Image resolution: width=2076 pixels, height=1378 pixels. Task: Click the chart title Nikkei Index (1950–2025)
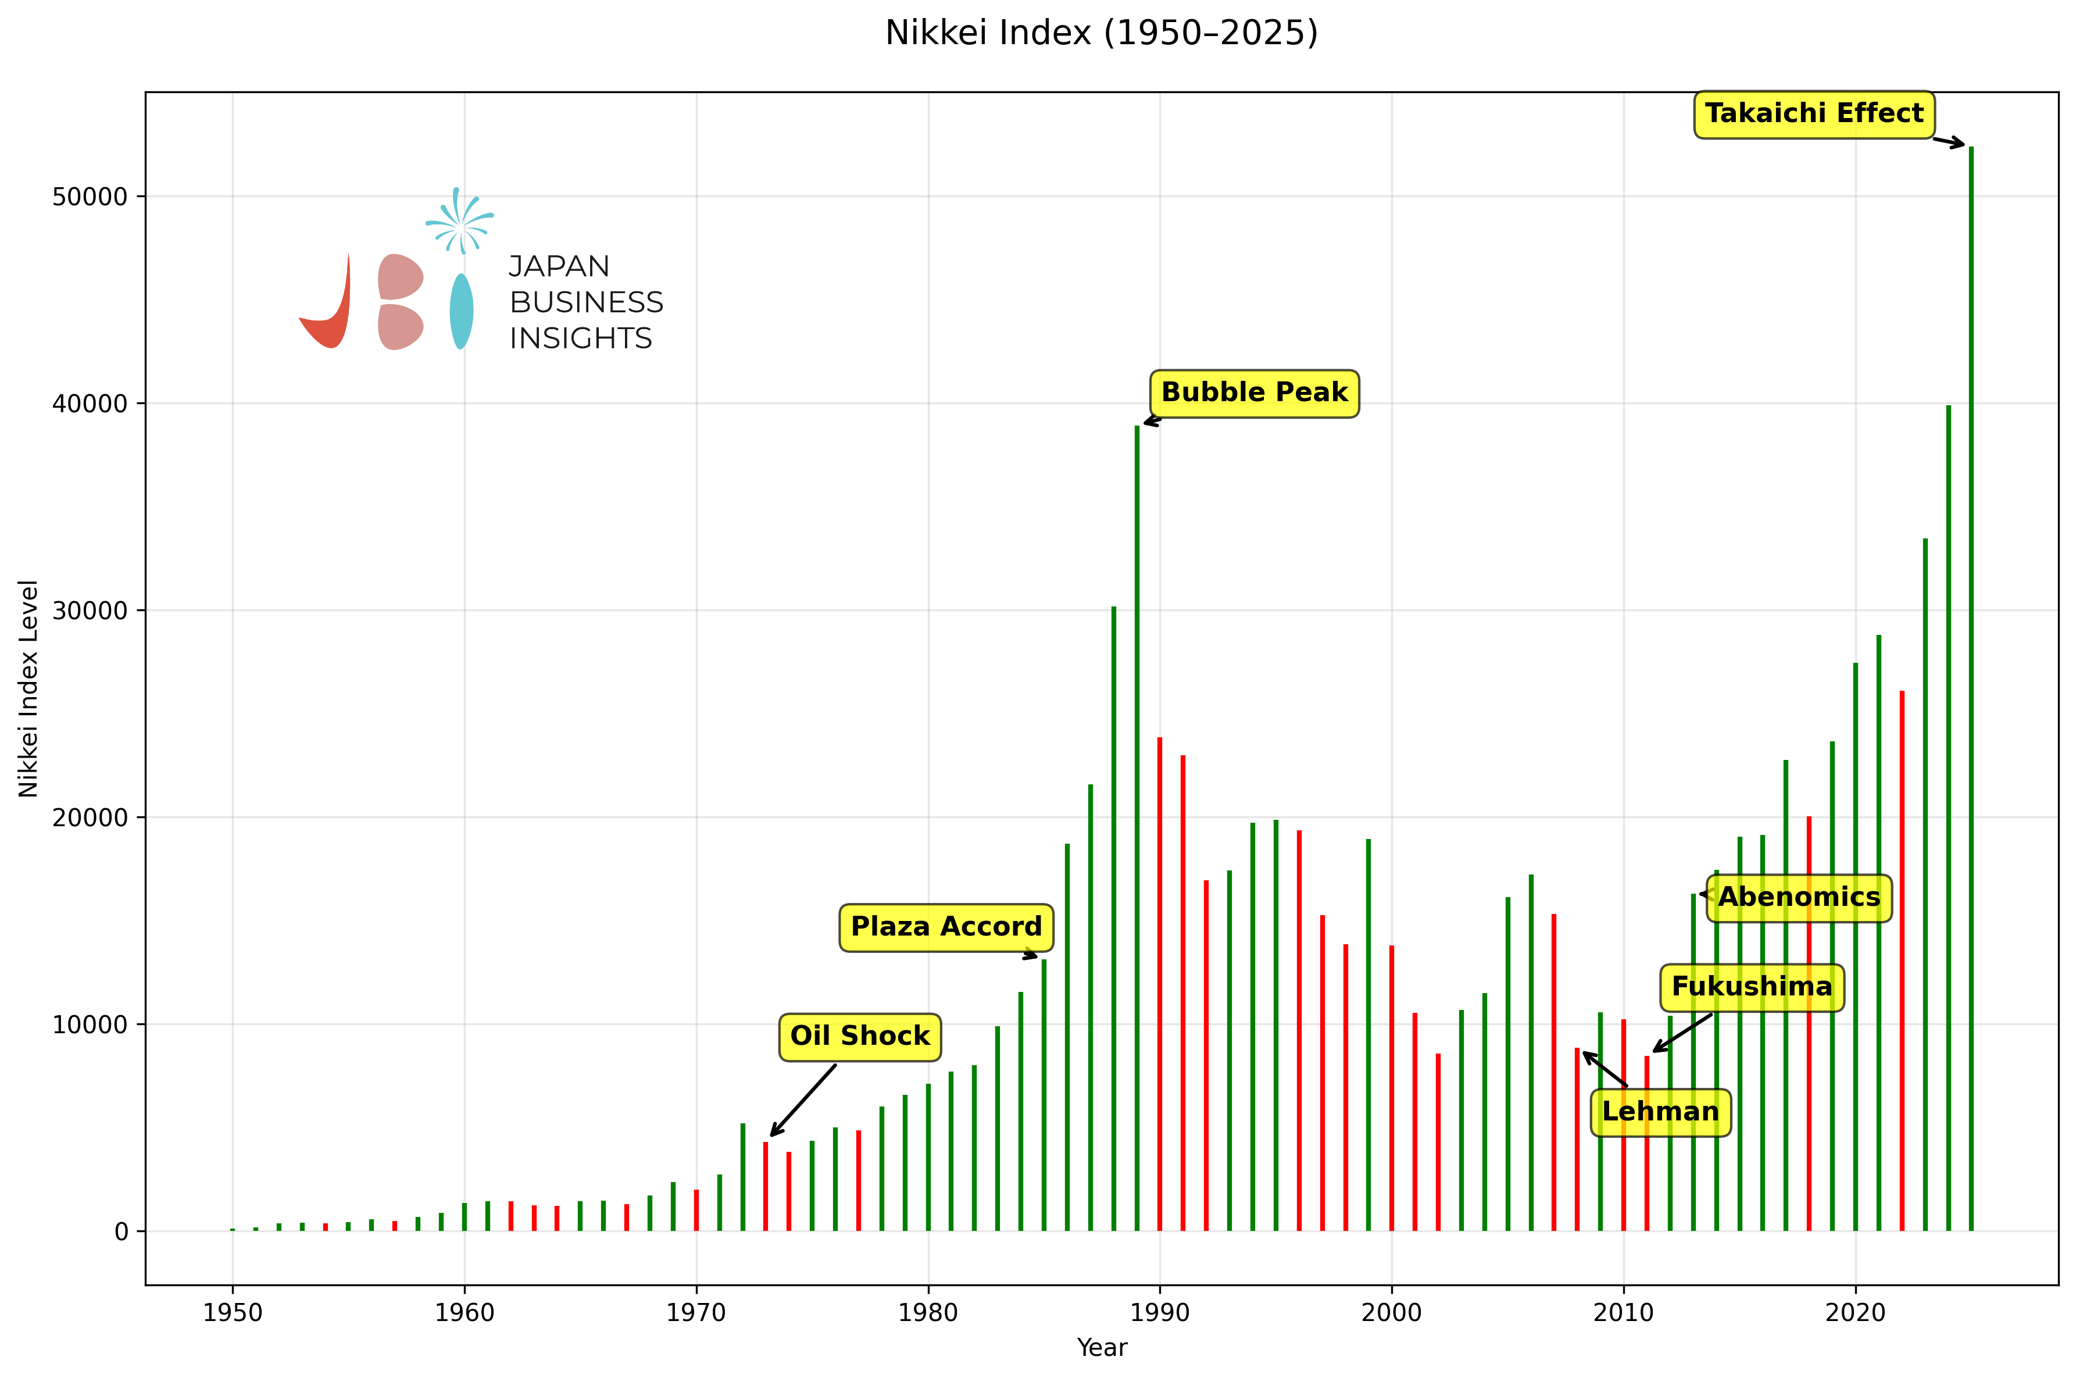pos(1101,33)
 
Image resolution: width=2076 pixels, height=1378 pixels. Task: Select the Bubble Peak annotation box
pos(1254,393)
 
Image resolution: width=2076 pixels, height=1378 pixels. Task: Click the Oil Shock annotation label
pos(859,1036)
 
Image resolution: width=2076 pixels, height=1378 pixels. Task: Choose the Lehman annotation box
pos(1660,1112)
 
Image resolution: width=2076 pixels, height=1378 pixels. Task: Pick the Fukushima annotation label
pos(1751,987)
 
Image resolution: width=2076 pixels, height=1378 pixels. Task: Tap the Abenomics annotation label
pos(1798,897)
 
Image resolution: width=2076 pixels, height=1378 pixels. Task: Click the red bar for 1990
pos(1160,984)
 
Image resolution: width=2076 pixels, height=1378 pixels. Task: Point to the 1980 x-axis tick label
pos(928,1313)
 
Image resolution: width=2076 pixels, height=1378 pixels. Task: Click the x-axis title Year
pos(1101,1347)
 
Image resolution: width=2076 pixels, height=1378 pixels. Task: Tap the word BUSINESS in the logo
pos(586,302)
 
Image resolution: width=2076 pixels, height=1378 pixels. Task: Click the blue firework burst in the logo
pos(459,222)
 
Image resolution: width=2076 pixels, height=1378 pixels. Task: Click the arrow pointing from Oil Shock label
pos(803,1100)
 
